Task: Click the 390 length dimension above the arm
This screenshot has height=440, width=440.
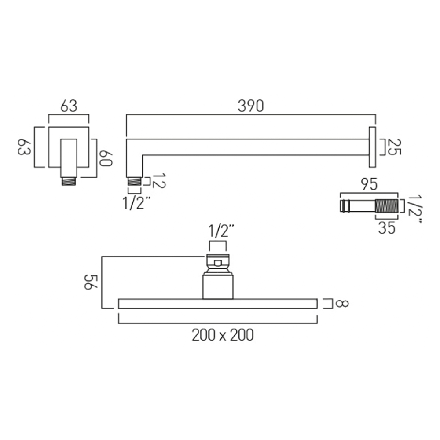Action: click(x=251, y=106)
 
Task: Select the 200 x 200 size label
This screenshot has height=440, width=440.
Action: click(x=223, y=335)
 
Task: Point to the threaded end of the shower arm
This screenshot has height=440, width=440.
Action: click(x=134, y=181)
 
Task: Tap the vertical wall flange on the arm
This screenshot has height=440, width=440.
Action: click(x=372, y=147)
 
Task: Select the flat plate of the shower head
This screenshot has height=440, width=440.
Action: click(x=218, y=304)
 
